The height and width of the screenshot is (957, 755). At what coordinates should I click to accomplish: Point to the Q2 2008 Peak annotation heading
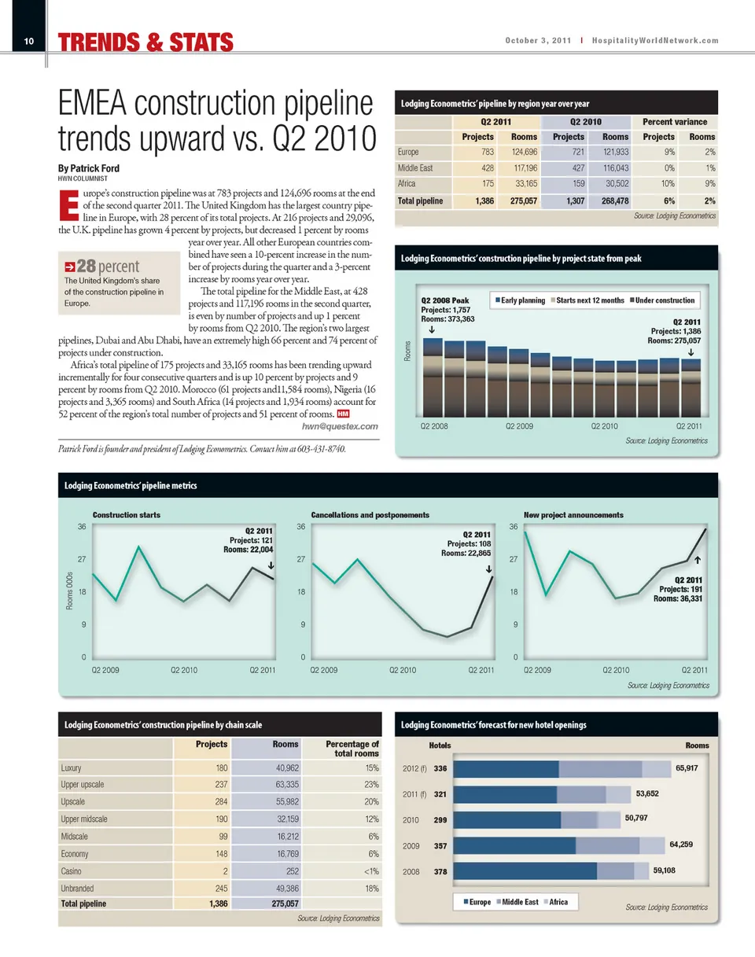(445, 300)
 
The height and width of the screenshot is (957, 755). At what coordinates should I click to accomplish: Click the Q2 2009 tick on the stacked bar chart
(520, 425)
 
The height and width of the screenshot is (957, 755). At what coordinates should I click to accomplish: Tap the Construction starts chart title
(127, 514)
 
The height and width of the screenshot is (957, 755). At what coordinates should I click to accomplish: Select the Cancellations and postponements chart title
(370, 514)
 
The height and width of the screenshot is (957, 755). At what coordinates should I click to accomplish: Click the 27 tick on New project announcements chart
(514, 559)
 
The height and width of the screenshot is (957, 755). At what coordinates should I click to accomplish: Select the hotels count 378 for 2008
(440, 872)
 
